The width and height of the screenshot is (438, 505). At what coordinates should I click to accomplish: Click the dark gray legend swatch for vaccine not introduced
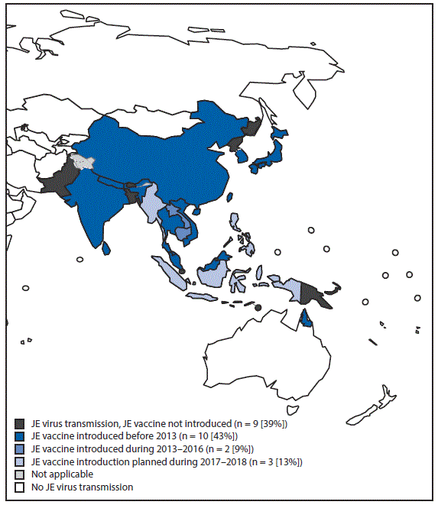[x=18, y=422]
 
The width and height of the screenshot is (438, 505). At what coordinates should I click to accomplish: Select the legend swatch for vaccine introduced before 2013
[x=18, y=435]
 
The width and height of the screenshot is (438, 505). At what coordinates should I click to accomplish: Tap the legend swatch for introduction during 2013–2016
[x=18, y=448]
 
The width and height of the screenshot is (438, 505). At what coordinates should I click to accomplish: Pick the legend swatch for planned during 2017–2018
[x=18, y=461]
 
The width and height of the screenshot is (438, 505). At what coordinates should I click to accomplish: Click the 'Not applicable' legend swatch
[x=18, y=474]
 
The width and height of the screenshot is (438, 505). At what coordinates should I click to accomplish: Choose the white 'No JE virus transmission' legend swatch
[x=18, y=487]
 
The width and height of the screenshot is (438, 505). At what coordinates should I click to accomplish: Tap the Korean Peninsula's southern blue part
[x=243, y=155]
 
